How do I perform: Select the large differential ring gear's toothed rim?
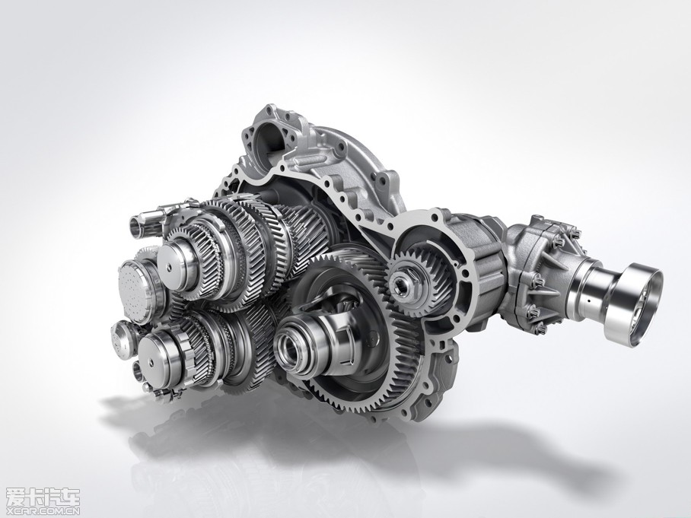point(396,352)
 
